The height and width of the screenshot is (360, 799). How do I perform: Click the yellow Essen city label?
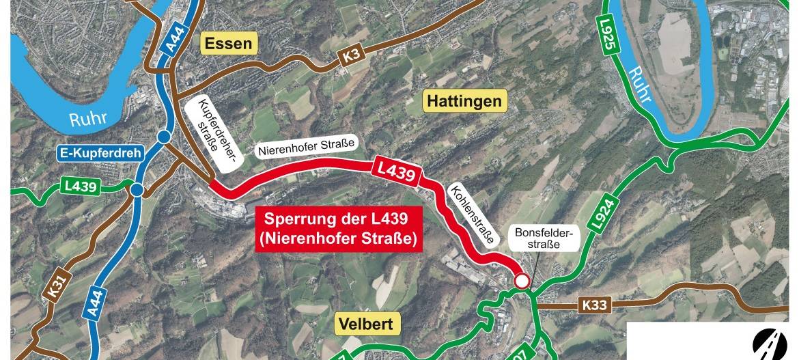[228, 44]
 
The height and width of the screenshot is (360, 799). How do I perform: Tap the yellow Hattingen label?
[464, 102]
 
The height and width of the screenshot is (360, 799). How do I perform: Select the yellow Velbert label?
[365, 324]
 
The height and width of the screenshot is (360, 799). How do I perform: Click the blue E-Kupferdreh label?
[100, 153]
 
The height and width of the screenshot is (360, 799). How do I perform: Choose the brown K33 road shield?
[594, 305]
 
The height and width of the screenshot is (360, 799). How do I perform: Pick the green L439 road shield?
[81, 186]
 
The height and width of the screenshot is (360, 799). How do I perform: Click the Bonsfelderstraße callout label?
[544, 238]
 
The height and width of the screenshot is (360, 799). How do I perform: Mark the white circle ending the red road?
[522, 281]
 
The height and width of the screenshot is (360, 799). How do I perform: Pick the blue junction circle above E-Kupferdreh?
[164, 137]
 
